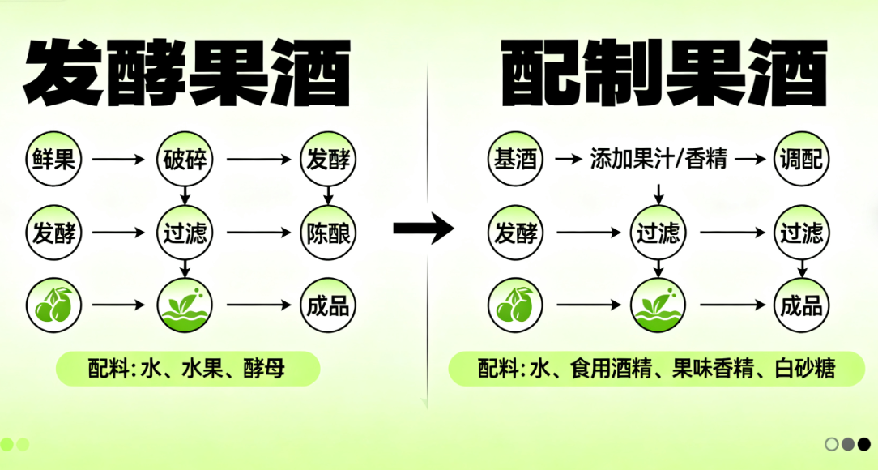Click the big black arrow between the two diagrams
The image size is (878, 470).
tap(424, 229)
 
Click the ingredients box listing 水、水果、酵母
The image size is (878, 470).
tap(188, 370)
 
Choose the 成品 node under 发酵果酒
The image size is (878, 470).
tap(328, 305)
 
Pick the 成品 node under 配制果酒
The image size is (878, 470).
tap(802, 305)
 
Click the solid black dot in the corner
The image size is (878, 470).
tap(864, 444)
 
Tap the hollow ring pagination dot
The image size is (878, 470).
tap(831, 444)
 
